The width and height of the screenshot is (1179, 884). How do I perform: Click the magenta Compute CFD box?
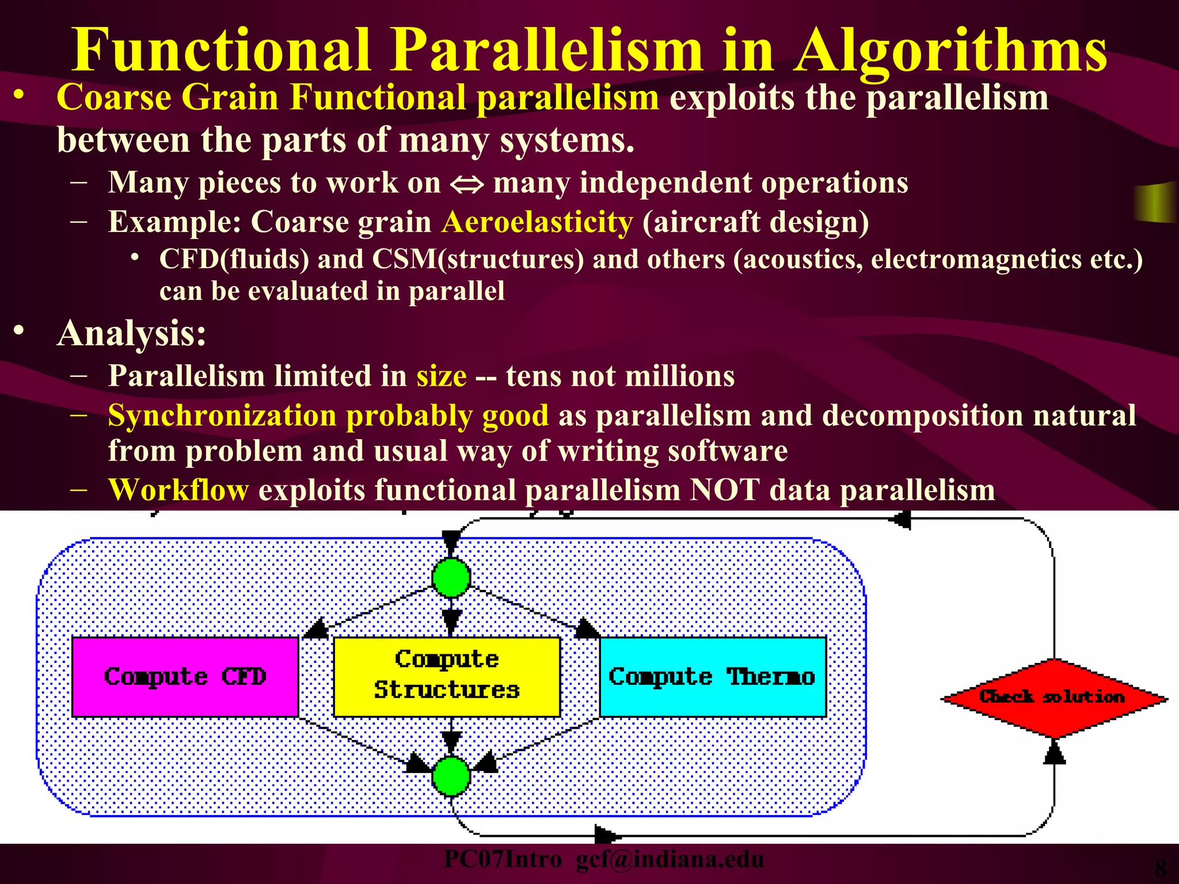point(185,677)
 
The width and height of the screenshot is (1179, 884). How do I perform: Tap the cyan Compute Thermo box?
point(713,677)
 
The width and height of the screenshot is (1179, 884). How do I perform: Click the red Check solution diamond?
point(1054,698)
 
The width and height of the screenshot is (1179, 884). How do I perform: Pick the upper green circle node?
point(451,577)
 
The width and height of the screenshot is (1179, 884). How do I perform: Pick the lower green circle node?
point(451,776)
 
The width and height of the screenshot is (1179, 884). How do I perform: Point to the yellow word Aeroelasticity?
point(537,222)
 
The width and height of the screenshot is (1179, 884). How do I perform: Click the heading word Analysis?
point(132,333)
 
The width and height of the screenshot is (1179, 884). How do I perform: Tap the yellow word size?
point(442,376)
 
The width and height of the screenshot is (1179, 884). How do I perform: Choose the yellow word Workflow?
point(178,490)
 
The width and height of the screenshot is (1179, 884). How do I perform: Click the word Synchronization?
point(222,416)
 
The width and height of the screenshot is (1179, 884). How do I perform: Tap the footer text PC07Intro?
point(503,859)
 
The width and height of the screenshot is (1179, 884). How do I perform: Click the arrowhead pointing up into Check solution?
point(1054,752)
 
